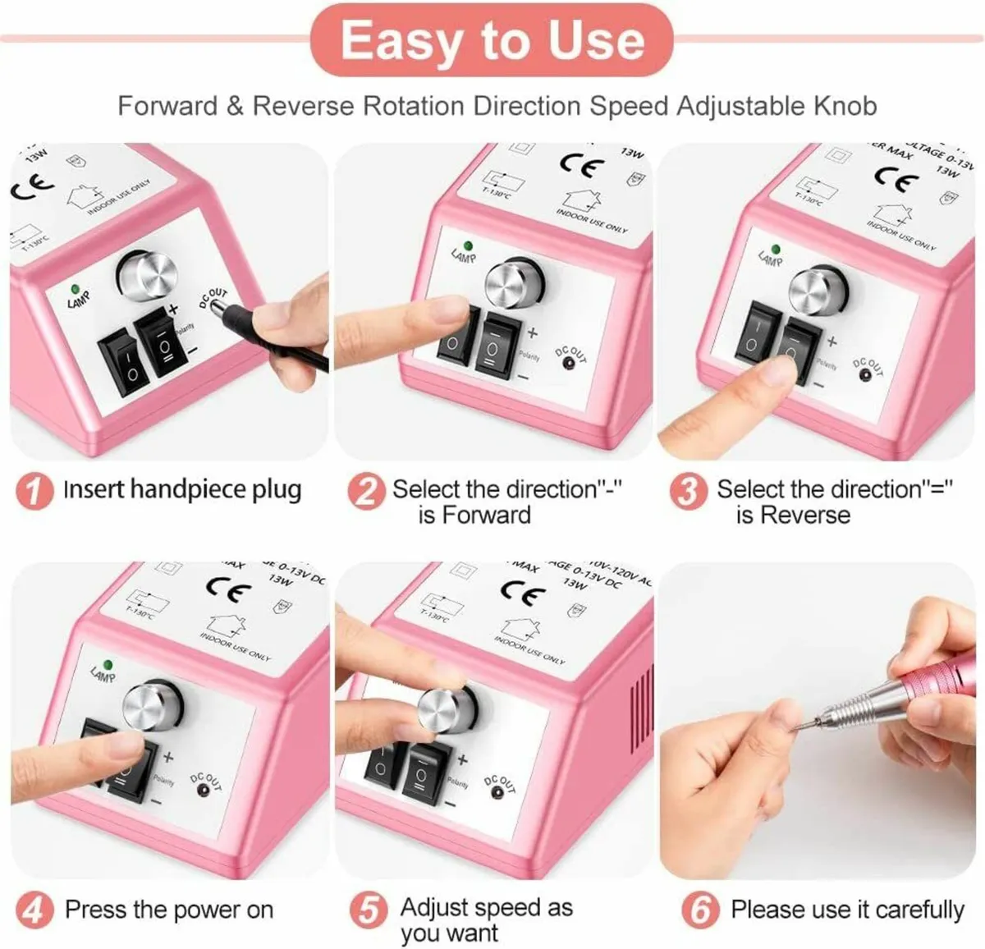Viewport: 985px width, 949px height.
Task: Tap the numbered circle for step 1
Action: click(34, 491)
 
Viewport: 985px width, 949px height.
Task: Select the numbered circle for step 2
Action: click(365, 491)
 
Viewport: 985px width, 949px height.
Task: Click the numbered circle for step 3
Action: click(687, 491)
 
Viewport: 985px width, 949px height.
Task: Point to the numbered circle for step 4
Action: click(34, 910)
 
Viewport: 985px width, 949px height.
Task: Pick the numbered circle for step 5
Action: click(369, 910)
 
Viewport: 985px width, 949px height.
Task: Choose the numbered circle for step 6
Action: click(699, 910)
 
